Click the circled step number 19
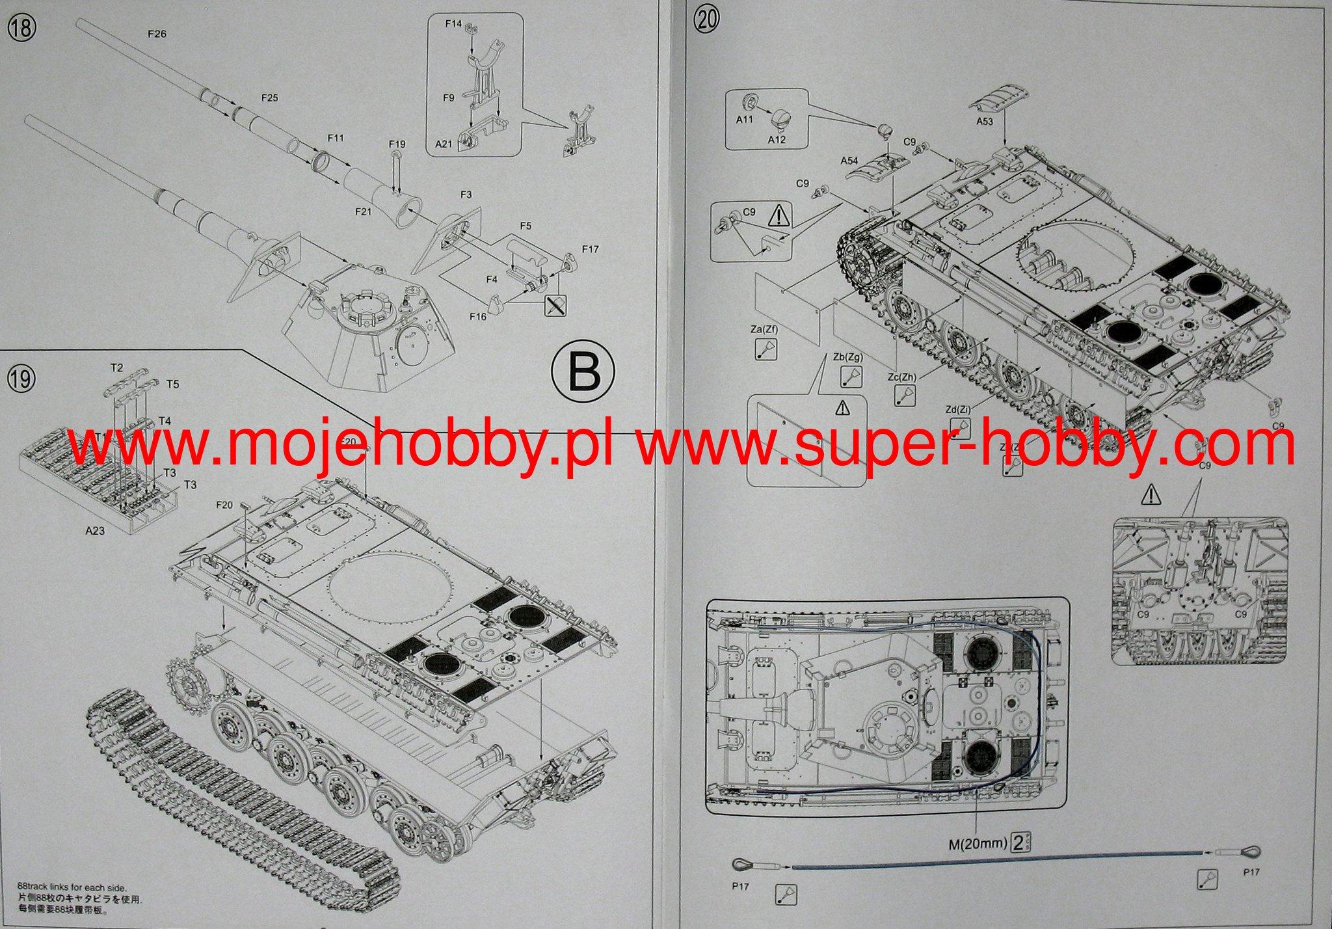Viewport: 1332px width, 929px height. click(x=20, y=378)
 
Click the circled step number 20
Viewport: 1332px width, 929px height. click(x=707, y=19)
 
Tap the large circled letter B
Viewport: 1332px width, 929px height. click(x=582, y=373)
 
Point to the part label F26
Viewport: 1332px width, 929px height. click(x=157, y=34)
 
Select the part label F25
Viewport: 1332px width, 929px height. click(x=269, y=98)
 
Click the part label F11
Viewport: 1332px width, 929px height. click(x=336, y=138)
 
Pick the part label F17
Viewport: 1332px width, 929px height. click(x=590, y=249)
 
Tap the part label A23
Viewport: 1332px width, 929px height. click(x=95, y=531)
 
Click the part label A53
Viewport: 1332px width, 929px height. click(x=985, y=121)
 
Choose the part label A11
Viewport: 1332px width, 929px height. click(x=745, y=120)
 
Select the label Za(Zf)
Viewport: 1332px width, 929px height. click(x=764, y=329)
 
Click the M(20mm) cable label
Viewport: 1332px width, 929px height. click(x=977, y=844)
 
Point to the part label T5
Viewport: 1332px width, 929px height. click(x=172, y=384)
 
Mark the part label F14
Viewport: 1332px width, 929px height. click(x=453, y=24)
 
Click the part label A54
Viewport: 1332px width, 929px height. click(x=849, y=160)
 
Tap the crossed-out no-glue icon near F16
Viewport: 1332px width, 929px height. click(x=556, y=305)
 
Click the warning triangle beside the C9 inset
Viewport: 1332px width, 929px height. click(x=779, y=215)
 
